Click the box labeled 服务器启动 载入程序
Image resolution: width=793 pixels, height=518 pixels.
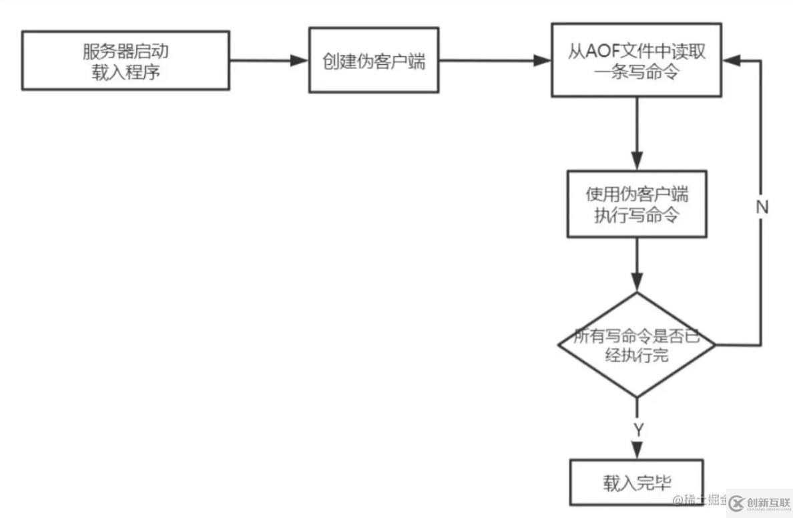[125, 61]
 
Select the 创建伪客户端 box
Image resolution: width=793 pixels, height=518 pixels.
[373, 60]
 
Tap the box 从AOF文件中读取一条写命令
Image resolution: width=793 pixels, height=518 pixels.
[637, 60]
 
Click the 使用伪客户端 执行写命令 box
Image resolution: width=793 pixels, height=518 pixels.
[637, 204]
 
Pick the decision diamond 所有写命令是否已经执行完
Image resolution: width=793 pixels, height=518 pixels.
[637, 345]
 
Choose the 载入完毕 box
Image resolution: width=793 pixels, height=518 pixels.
[636, 483]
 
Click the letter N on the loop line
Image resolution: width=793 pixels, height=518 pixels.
[762, 207]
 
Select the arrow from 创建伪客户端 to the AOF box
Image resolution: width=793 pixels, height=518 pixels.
[494, 61]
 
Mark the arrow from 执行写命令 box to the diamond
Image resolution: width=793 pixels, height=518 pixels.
[637, 264]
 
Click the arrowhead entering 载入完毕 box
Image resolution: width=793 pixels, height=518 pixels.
[637, 452]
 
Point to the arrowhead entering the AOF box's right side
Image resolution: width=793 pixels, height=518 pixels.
[732, 60]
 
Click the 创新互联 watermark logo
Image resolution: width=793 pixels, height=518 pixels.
[758, 503]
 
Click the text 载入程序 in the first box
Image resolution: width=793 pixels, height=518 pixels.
[125, 72]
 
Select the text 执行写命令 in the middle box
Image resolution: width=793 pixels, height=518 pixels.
[637, 215]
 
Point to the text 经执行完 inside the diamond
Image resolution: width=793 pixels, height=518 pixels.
[636, 356]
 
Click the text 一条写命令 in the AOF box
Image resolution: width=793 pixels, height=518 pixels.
[637, 72]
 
